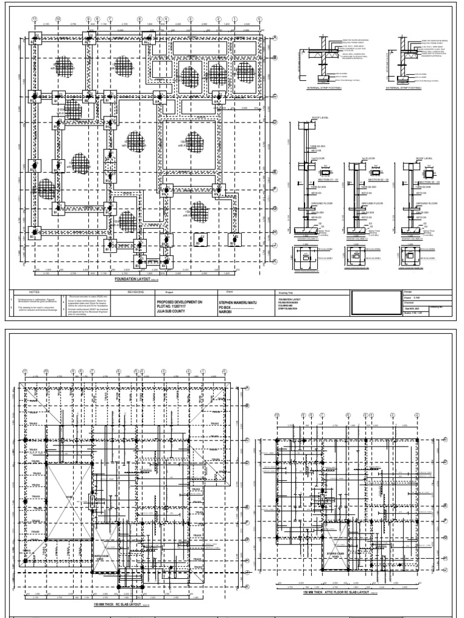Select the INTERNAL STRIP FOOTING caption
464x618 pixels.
pos(324,88)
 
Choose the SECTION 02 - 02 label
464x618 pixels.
pos(361,179)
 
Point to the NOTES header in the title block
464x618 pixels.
pos(25,290)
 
